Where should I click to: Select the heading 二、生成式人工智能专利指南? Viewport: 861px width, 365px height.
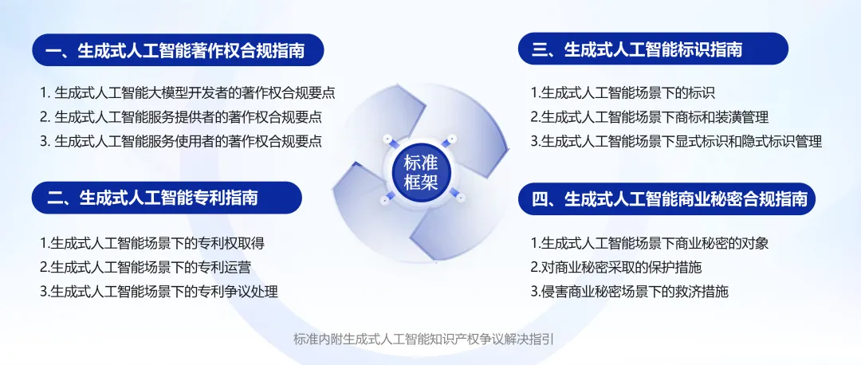point(167,198)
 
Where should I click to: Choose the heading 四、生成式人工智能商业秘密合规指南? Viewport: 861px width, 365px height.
point(666,198)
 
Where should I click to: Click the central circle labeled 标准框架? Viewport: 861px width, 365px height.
point(421,172)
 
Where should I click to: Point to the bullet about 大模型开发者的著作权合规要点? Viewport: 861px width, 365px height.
point(187,92)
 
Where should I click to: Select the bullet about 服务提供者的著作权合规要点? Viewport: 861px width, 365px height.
point(181,117)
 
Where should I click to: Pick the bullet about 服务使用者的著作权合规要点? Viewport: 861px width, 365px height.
point(181,142)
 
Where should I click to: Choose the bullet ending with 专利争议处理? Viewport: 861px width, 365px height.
point(159,292)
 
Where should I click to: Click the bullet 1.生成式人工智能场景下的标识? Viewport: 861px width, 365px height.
point(623,92)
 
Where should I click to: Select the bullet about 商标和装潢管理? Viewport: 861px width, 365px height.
point(650,117)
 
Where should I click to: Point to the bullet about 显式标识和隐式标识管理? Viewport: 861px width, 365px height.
point(677,142)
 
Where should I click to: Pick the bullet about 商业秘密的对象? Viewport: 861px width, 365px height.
point(650,242)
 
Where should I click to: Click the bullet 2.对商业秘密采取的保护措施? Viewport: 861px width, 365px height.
point(616,267)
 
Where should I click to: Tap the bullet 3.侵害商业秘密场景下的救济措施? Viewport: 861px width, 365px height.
point(629,292)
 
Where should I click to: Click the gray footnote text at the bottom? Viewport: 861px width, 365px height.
point(423,339)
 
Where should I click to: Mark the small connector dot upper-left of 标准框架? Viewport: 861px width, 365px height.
point(387,138)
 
